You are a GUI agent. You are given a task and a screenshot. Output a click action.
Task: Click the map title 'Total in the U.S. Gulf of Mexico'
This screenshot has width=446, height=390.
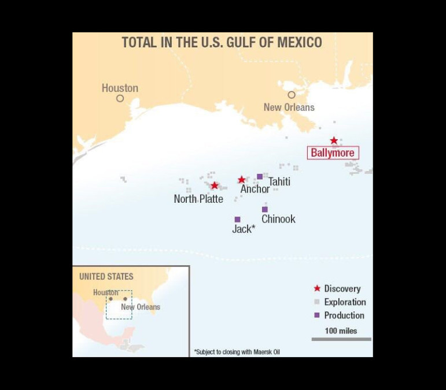click(x=222, y=43)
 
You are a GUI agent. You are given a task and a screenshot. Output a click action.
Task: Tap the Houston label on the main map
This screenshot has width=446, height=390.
click(x=120, y=88)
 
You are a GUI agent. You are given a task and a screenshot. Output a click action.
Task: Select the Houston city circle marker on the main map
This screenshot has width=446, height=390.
click(x=120, y=98)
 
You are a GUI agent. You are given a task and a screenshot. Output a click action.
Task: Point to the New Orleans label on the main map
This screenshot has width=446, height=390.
click(x=289, y=107)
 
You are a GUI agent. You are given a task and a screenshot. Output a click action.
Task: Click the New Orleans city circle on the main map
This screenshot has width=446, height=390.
click(x=292, y=95)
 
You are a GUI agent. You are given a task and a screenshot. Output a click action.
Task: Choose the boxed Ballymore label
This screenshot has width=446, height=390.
click(x=333, y=153)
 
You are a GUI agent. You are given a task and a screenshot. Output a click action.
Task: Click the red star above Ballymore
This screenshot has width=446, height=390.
click(x=334, y=140)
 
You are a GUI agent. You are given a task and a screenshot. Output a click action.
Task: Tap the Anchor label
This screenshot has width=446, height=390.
click(x=255, y=189)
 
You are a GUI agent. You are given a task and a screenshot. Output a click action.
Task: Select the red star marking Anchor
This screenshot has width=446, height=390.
click(x=242, y=180)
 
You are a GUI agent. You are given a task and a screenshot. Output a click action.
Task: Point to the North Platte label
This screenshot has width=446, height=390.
click(x=198, y=199)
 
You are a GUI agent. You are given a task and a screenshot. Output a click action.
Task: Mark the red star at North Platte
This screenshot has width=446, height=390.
click(x=215, y=185)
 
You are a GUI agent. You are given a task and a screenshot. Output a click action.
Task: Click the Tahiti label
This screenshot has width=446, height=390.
click(x=279, y=182)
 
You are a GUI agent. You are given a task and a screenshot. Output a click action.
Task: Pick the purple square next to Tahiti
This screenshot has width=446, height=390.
click(x=260, y=176)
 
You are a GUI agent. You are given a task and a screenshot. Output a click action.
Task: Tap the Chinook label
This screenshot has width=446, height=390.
click(x=278, y=219)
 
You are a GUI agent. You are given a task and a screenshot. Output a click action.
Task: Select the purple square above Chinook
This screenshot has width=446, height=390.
click(x=265, y=209)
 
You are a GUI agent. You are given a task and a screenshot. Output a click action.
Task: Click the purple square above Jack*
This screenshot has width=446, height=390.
click(x=237, y=220)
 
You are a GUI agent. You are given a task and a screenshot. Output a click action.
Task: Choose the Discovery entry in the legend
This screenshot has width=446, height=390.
click(x=342, y=288)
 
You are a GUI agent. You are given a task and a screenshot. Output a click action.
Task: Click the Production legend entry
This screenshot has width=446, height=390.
click(x=344, y=315)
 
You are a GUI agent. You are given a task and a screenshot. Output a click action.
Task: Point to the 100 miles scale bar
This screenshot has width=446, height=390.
click(x=341, y=339)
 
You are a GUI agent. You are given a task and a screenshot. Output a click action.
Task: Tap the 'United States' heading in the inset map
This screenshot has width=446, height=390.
click(x=106, y=277)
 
